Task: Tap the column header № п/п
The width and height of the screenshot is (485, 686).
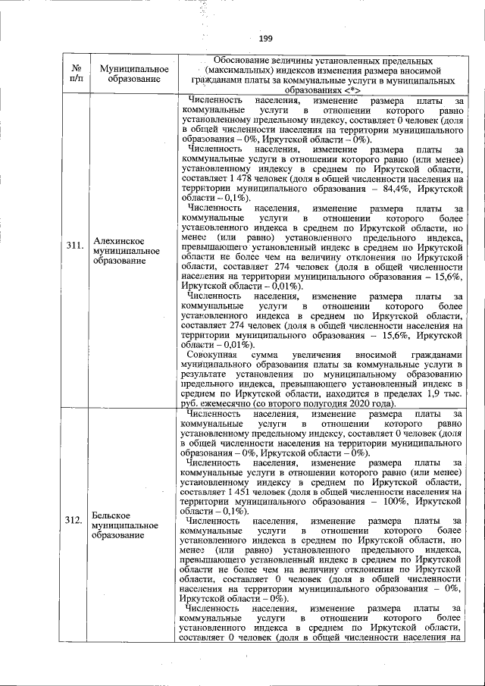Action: [76, 73]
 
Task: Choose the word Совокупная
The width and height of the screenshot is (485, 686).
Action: [212, 355]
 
